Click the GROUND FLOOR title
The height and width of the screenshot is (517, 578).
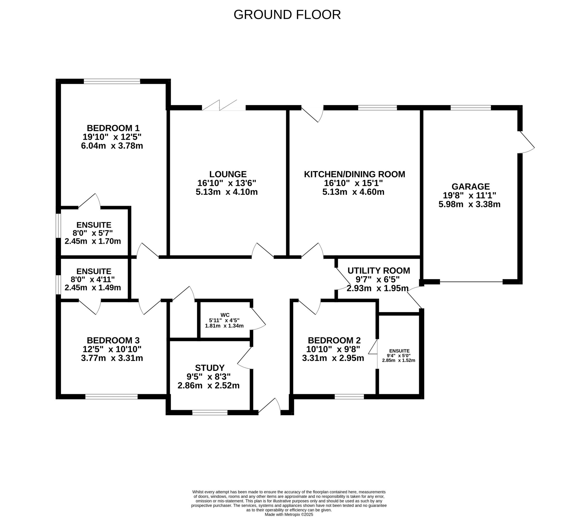tap(287, 14)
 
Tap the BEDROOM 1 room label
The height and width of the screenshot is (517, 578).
tap(113, 128)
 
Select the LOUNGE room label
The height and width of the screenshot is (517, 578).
tap(228, 174)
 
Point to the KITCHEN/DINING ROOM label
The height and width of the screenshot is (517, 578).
tap(354, 174)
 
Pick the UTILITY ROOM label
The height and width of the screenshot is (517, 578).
tap(379, 270)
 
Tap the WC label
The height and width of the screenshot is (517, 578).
tap(225, 315)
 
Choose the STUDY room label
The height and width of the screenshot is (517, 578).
tap(210, 368)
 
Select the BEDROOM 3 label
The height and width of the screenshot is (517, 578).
tap(113, 340)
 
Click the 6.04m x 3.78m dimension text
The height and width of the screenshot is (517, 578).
tap(112, 146)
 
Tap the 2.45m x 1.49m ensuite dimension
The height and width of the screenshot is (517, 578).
tap(93, 287)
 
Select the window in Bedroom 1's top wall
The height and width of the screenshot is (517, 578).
tap(112, 82)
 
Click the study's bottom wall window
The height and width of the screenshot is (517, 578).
tap(210, 412)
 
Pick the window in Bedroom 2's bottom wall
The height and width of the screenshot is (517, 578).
tap(349, 397)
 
